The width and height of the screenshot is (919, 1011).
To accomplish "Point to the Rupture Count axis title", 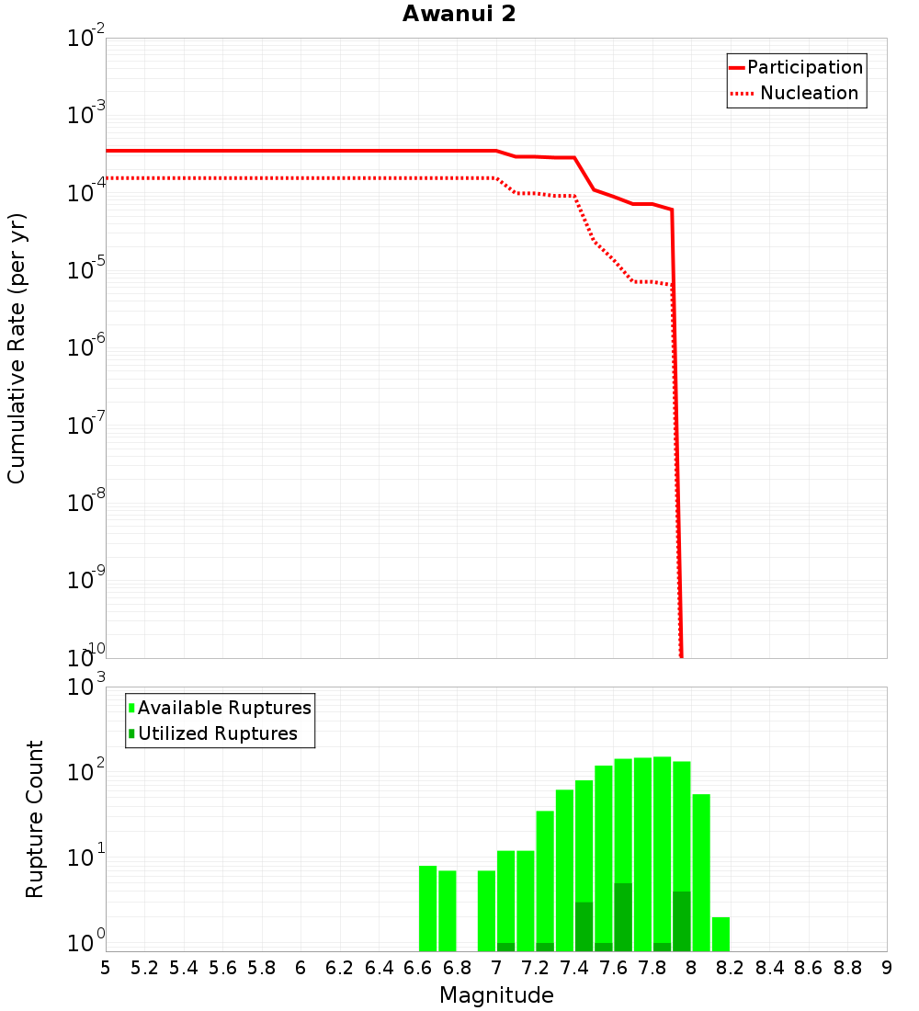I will (x=35, y=818).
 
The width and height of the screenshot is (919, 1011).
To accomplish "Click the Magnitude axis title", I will (x=496, y=995).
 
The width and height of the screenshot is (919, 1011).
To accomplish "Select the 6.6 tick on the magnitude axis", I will (x=418, y=968).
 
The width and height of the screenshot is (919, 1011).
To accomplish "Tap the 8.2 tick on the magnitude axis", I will (x=731, y=968).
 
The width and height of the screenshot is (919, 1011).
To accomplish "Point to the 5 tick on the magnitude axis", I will (x=106, y=968).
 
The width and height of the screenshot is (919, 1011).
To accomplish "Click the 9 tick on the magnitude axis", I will (x=887, y=968).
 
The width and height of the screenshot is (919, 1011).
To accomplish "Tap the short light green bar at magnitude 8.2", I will (x=720, y=934).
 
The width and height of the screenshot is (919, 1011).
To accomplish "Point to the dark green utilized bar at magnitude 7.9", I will (x=681, y=921).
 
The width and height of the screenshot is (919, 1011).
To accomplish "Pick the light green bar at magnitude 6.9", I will (x=486, y=910).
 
